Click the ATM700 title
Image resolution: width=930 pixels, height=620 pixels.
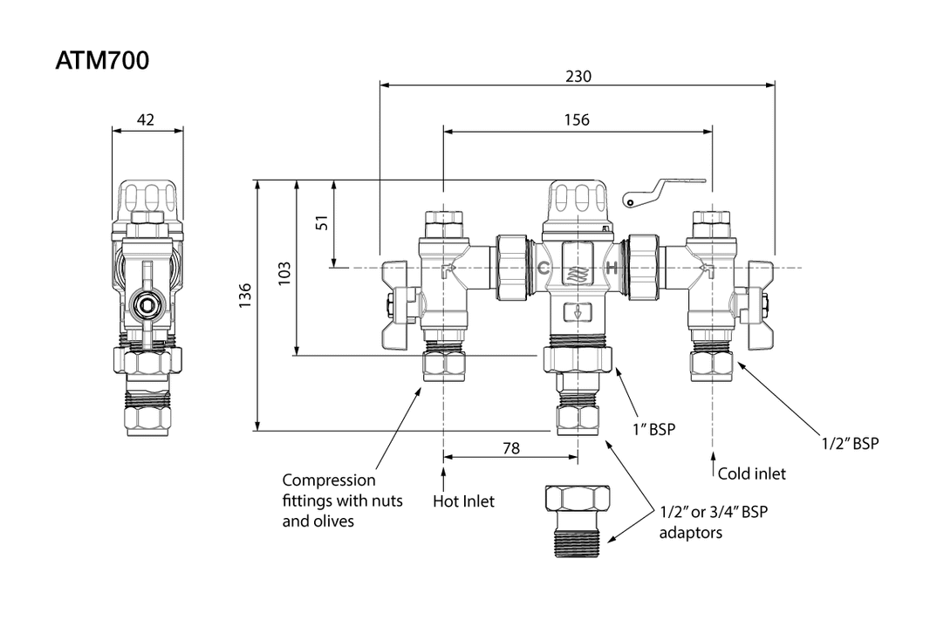102,61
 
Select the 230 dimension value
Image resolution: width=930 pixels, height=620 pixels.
578,76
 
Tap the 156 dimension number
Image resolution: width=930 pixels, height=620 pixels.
577,120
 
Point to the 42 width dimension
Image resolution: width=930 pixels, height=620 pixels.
146,120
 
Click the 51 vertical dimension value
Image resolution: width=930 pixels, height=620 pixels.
323,222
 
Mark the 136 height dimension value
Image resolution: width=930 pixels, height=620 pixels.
245,295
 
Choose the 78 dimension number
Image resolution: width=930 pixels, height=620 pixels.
511,448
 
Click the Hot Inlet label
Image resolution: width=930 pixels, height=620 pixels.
463,501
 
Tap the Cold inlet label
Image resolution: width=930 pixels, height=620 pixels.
751,474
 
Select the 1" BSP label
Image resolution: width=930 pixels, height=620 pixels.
654,429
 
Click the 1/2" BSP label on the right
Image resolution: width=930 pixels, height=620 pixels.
850,444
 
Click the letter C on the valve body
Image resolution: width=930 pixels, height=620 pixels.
542,268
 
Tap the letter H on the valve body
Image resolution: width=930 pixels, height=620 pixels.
612,268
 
